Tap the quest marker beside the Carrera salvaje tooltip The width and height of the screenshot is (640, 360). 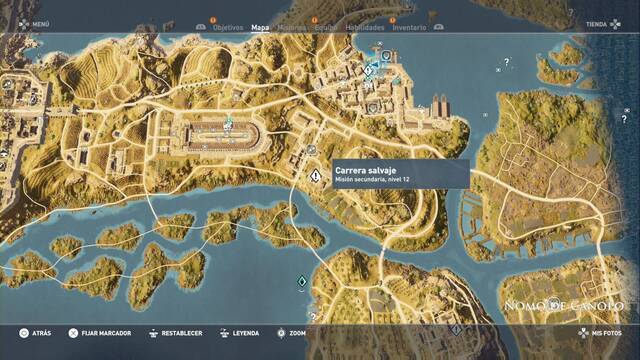tap(315, 175)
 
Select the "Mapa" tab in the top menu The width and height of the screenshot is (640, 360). tap(260, 28)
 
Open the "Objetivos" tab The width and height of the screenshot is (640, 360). tap(228, 28)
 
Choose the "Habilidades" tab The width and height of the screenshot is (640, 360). tap(364, 28)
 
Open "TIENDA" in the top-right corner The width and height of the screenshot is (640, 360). tap(598, 23)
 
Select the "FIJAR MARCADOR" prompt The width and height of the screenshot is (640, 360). tap(105, 333)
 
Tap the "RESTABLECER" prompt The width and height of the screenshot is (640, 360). tap(181, 333)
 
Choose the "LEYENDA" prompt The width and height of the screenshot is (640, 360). tap(245, 333)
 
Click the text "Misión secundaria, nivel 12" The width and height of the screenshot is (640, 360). tap(372, 179)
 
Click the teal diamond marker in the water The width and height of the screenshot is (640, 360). tap(302, 283)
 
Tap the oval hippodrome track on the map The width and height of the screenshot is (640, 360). tap(229, 136)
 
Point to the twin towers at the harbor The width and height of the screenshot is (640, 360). tap(441, 105)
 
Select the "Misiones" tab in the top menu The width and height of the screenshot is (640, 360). tap(292, 28)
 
